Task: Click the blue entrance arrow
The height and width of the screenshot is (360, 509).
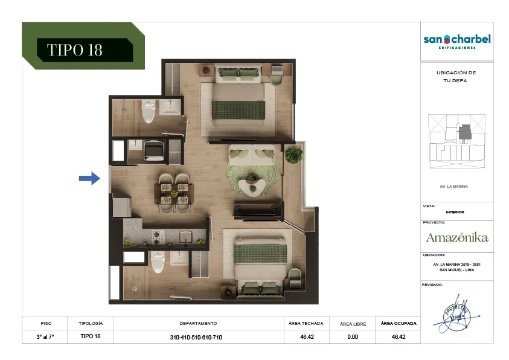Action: pyautogui.click(x=89, y=178)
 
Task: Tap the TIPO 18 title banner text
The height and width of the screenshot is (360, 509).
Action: pyautogui.click(x=75, y=50)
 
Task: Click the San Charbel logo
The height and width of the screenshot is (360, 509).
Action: pyautogui.click(x=457, y=41)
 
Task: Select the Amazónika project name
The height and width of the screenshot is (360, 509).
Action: pyautogui.click(x=457, y=237)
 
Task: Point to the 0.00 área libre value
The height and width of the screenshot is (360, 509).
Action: pyautogui.click(x=353, y=337)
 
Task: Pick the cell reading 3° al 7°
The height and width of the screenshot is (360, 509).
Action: pyautogui.click(x=45, y=337)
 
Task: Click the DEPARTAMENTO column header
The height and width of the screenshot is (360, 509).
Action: pyautogui.click(x=198, y=323)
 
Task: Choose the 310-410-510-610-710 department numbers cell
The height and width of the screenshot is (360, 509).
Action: pyautogui.click(x=196, y=337)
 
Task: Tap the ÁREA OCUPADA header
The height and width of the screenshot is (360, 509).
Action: pyautogui.click(x=399, y=323)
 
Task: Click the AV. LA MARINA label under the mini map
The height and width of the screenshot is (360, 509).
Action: pyautogui.click(x=454, y=186)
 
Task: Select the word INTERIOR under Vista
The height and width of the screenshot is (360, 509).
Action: pyautogui.click(x=455, y=212)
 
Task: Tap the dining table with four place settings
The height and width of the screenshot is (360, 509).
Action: pyautogui.click(x=174, y=193)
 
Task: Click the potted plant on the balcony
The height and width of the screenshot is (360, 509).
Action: pyautogui.click(x=293, y=154)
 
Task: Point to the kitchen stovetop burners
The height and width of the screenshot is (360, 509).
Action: pyautogui.click(x=158, y=237)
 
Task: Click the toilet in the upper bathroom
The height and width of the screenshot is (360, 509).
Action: pyautogui.click(x=149, y=111)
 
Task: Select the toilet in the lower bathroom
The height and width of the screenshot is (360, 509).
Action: pyautogui.click(x=158, y=262)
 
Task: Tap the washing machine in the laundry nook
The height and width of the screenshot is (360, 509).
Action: pyautogui.click(x=153, y=150)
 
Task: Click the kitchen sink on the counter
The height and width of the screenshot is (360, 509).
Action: pyautogui.click(x=186, y=237)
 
